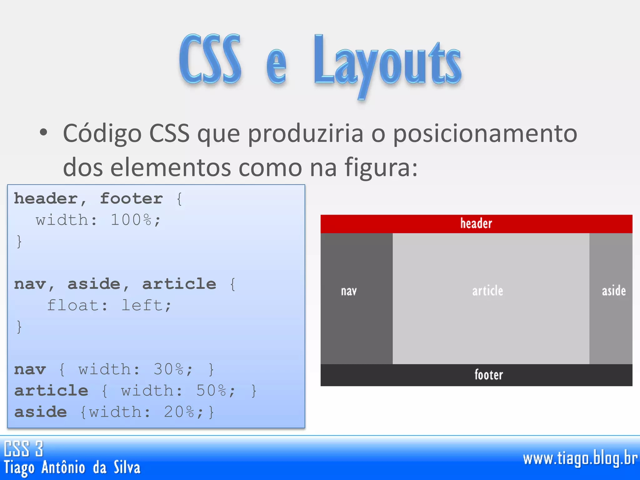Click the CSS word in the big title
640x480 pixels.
(210, 59)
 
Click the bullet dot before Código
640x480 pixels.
(43, 132)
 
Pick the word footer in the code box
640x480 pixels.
(131, 199)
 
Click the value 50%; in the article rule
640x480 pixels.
(216, 391)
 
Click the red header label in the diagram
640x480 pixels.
(476, 223)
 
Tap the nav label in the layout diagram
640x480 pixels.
(349, 291)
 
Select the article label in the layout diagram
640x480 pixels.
(487, 291)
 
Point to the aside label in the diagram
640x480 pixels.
(614, 291)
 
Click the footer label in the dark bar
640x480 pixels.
(489, 375)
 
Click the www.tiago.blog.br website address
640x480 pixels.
(580, 459)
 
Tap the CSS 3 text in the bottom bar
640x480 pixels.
(23, 448)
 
